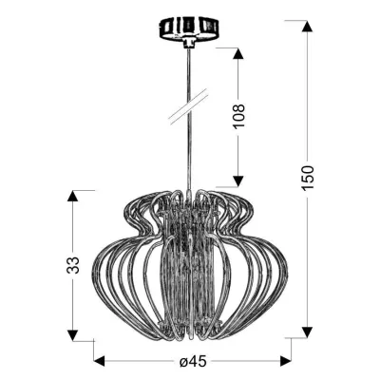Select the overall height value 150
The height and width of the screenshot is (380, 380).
tap(306, 178)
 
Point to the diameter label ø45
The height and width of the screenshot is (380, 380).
tap(194, 362)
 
